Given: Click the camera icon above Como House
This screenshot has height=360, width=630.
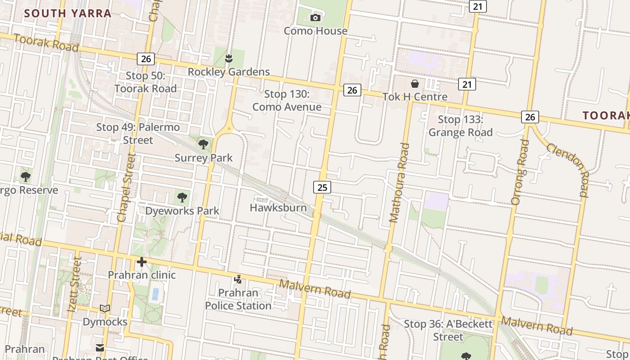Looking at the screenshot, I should (x=315, y=18).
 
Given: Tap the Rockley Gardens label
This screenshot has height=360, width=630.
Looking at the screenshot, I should (x=229, y=72).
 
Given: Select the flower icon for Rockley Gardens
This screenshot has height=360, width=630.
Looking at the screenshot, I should (x=229, y=58).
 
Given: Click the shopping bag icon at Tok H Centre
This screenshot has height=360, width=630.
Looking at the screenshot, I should (x=414, y=84).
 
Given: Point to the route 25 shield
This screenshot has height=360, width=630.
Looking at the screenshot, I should (x=322, y=187).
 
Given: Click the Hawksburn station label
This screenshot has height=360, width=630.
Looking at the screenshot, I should (x=278, y=207).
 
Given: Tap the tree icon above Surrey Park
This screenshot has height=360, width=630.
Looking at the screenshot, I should (x=203, y=144).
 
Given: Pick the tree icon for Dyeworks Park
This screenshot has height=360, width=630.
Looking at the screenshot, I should (x=182, y=197).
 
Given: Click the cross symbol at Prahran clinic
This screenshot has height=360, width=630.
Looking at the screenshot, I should (x=142, y=262).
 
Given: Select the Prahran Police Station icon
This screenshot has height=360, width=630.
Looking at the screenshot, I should (x=238, y=280).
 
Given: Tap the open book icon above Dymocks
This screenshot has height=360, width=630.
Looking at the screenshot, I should (x=105, y=309).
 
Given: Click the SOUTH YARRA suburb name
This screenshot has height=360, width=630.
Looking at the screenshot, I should (x=67, y=13).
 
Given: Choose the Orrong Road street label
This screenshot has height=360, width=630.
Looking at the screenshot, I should (x=520, y=172).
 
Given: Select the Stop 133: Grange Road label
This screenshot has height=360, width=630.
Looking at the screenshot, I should (x=460, y=126).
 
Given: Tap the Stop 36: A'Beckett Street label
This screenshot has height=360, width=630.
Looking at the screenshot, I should (x=448, y=330).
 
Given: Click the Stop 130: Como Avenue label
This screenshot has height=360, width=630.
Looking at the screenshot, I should (x=287, y=100).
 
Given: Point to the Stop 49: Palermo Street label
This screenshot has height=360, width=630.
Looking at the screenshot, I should (x=138, y=134).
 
